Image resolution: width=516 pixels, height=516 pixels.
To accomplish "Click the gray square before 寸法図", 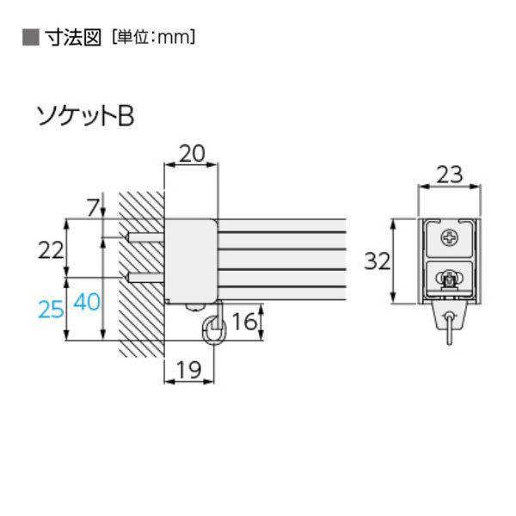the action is point(31,38).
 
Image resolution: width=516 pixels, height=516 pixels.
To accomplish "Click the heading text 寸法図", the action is point(73,38).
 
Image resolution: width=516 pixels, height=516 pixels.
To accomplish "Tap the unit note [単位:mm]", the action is point(153,38).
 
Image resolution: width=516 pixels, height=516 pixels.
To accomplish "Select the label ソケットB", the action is point(85,116).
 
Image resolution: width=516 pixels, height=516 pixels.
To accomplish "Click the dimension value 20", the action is point(192,153).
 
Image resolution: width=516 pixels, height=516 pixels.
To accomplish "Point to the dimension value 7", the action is point(93,208).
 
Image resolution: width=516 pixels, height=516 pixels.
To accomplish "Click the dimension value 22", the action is point(51,250).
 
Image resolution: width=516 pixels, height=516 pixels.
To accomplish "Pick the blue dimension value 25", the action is point(51,310).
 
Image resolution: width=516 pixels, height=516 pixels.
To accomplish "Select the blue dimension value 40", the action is point(87,302).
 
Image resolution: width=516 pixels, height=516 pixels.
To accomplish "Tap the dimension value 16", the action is point(244,322).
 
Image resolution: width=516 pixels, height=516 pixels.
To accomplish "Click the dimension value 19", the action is point(188,370).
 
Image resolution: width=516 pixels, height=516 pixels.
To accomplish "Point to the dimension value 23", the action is point(450,175).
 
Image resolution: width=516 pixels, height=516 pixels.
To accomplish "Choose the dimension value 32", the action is point(378,261).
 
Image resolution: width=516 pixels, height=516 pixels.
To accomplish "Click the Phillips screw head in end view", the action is point(449,237).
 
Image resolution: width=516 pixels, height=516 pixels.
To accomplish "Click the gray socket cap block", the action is point(191,261).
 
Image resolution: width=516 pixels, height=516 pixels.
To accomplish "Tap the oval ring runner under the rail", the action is point(214,331).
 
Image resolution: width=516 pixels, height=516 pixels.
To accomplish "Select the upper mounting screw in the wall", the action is point(144,237).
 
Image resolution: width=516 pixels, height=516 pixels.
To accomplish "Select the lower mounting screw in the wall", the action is point(144,278).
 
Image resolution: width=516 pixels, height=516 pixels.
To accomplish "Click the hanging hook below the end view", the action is point(449,328).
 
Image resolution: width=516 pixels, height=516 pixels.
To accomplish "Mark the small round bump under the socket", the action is point(194,307).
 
